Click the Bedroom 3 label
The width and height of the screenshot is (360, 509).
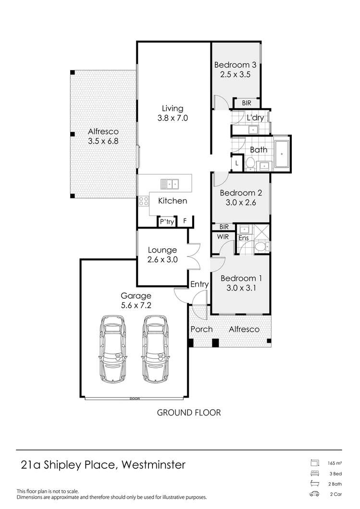click(235, 65)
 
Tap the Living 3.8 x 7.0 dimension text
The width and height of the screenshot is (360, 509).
click(172, 118)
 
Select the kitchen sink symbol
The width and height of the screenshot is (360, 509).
click(170, 183)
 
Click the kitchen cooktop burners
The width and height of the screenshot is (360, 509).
click(143, 202)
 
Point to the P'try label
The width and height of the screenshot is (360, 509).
click(166, 222)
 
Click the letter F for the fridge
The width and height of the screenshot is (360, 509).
click(185, 222)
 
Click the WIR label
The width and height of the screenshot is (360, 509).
click(223, 237)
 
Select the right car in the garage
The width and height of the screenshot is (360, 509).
click(156, 349)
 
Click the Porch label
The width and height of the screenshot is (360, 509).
click(201, 329)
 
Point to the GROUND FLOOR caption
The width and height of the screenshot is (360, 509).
click(189, 412)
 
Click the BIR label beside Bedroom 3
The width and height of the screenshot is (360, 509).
click(247, 103)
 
